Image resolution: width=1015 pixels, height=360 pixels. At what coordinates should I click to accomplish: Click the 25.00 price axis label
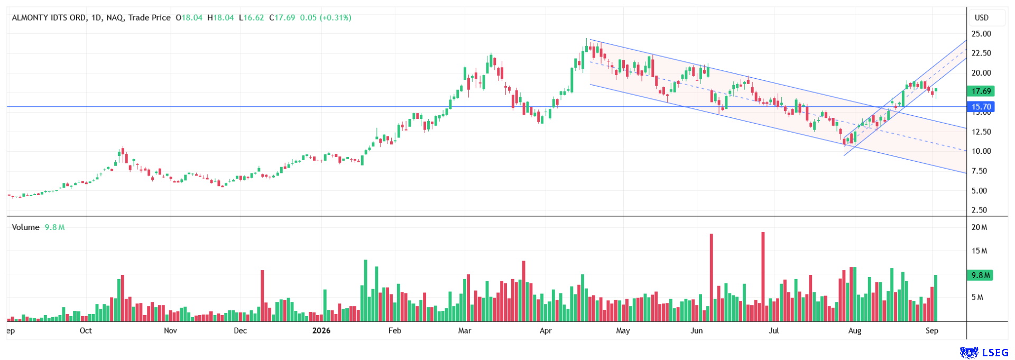click(981, 34)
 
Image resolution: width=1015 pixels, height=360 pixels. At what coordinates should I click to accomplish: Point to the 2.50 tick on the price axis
click(980, 210)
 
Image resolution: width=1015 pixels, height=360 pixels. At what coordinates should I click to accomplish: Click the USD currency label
click(982, 17)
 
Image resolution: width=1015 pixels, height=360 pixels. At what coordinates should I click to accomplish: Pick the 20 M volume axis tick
click(980, 227)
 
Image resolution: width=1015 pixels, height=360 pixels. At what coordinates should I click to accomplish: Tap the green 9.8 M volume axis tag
click(980, 275)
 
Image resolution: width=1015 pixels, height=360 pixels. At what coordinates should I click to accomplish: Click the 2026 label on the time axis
click(321, 330)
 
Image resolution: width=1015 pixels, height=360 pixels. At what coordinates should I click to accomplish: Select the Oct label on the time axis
click(86, 330)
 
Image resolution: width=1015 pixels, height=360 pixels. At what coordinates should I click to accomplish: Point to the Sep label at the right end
click(932, 330)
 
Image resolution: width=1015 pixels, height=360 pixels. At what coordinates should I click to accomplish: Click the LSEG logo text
click(995, 353)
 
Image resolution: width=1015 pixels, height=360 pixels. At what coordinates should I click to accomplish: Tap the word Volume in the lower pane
click(26, 227)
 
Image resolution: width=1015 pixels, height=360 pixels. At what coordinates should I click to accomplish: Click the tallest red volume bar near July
click(763, 276)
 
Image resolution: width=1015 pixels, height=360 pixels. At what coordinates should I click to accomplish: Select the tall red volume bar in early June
click(712, 278)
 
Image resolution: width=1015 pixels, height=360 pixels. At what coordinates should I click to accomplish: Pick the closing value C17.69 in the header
click(282, 17)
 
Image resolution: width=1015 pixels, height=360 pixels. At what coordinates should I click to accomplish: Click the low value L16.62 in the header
click(252, 17)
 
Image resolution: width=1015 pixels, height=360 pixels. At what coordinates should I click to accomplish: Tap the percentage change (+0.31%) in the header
click(336, 17)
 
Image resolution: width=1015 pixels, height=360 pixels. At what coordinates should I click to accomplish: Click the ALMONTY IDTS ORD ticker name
click(49, 17)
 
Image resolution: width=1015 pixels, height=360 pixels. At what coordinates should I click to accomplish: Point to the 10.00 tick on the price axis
click(981, 151)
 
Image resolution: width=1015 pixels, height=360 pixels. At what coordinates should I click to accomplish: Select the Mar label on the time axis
click(465, 330)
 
